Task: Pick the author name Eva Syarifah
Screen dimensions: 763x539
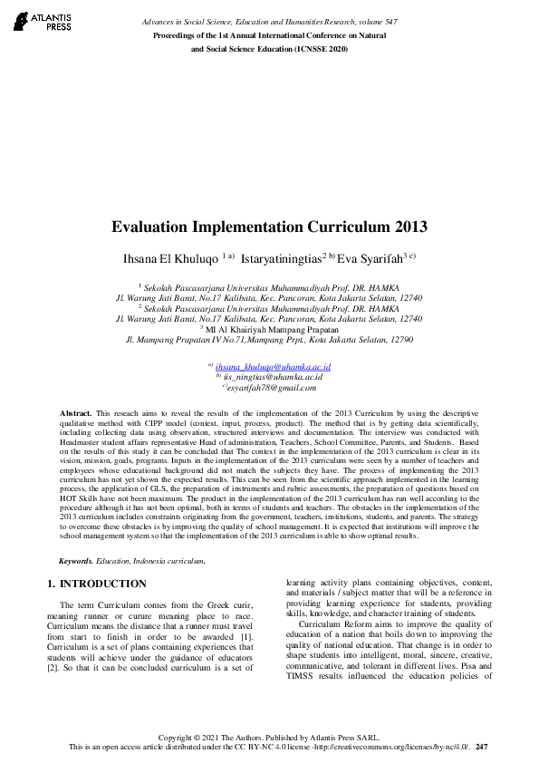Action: pyautogui.click(x=371, y=258)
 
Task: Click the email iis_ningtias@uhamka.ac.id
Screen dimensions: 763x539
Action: pyautogui.click(x=273, y=376)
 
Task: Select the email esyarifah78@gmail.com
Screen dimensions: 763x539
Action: pyautogui.click(x=273, y=387)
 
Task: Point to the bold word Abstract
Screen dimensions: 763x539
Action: pyautogui.click(x=75, y=411)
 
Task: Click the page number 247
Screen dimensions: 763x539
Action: pyautogui.click(x=482, y=746)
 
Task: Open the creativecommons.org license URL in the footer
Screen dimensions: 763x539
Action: pyautogui.click(x=399, y=746)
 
